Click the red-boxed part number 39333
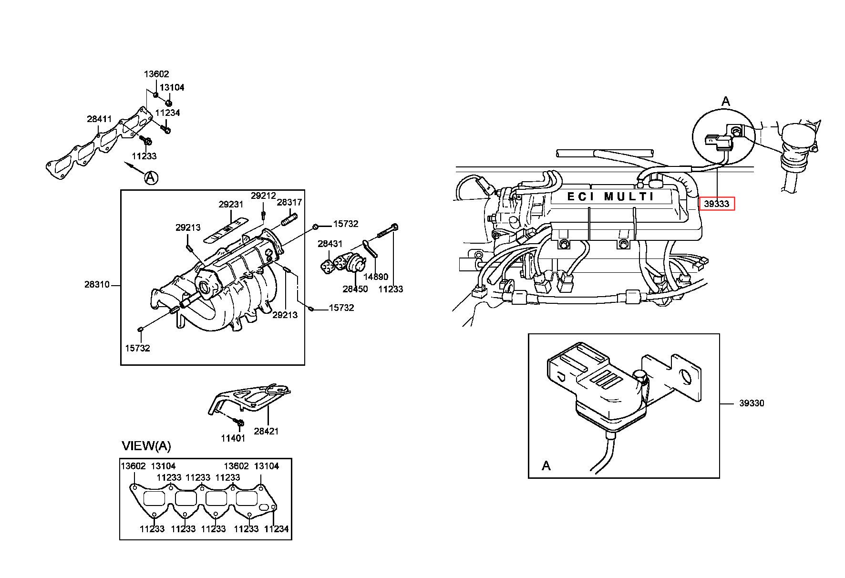[x=717, y=204]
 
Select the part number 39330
[x=752, y=403]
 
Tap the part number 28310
[x=97, y=284]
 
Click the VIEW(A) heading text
[x=146, y=446]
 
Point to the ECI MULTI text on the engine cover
[x=611, y=196]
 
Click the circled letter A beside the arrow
[x=151, y=178]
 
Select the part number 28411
[x=99, y=119]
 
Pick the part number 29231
[x=231, y=204]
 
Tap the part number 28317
[x=289, y=202]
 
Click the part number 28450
[x=355, y=289]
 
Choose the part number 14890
[x=376, y=276]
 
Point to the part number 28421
[x=266, y=431]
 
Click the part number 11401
[x=233, y=438]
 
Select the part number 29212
[x=263, y=196]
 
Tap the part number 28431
[x=330, y=243]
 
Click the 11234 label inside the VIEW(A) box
[x=277, y=528]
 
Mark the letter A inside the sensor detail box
[x=546, y=465]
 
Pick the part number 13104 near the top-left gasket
[x=172, y=87]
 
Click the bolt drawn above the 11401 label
[x=240, y=422]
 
